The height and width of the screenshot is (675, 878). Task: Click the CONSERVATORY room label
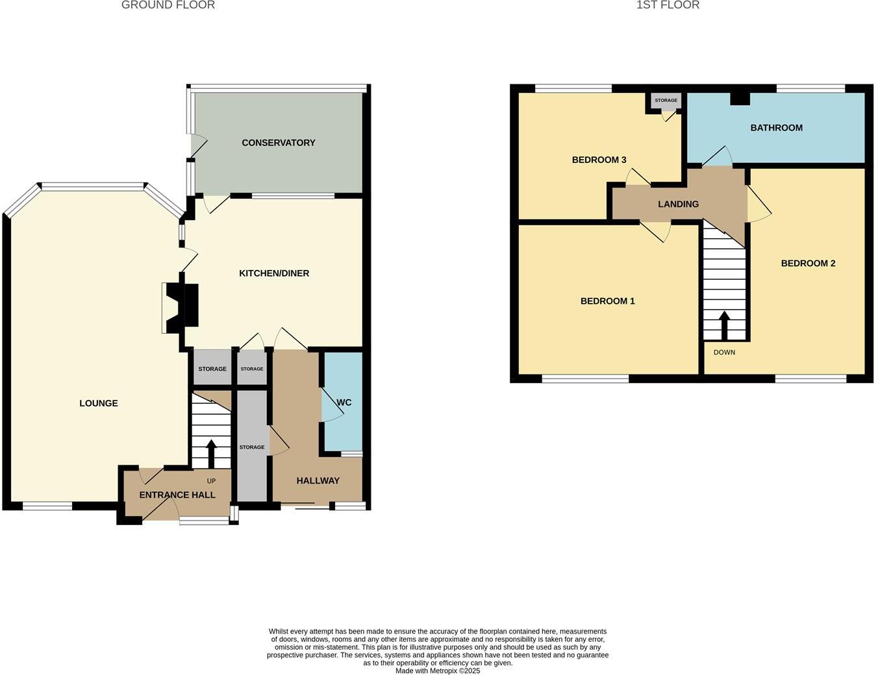pos(278,143)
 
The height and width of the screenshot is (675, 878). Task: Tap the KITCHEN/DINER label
pos(274,273)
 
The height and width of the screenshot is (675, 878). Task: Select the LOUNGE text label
pos(99,403)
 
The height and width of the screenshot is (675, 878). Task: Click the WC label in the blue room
pos(344,402)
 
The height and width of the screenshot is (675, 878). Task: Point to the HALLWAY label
pos(318,481)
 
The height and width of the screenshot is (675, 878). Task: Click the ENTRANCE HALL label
pos(177,495)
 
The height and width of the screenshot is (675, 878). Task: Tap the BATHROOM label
pos(776,128)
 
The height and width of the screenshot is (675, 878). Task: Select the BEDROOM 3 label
pos(599,160)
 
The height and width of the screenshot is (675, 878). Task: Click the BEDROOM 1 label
pos(607,301)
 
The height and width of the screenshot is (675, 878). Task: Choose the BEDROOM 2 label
pos(808,264)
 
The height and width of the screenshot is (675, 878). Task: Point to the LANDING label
pos(678,204)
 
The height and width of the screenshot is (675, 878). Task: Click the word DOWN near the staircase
pos(724,352)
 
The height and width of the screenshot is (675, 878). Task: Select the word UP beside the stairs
pos(211,481)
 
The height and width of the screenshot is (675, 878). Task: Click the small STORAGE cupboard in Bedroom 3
pos(666,101)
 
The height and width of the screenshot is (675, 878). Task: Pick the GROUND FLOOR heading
pos(168,5)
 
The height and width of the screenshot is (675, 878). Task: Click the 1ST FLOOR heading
pos(668,5)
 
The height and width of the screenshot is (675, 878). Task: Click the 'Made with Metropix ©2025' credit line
pos(438,671)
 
